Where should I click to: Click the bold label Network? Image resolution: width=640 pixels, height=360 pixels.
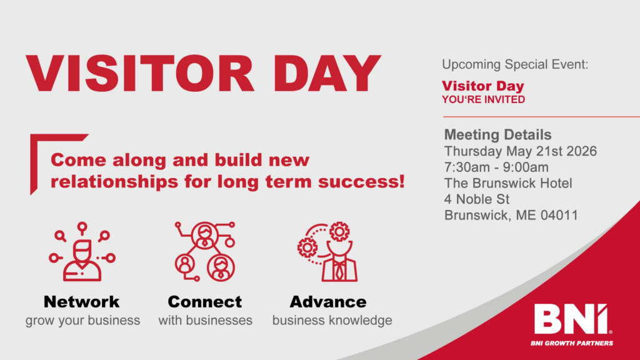pos(82,302)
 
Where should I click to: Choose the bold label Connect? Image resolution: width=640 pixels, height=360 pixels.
pos(204,302)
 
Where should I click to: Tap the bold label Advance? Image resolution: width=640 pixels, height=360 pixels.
pos(328,302)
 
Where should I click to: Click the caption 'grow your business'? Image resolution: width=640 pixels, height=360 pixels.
pos(82,321)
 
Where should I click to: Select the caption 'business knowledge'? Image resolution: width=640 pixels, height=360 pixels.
pos(332,321)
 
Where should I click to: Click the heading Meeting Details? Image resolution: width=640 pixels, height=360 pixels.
pos(497,134)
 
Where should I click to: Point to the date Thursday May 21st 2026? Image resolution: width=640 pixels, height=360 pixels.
pos(520,151)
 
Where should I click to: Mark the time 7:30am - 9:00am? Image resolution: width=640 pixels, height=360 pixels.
pos(496,167)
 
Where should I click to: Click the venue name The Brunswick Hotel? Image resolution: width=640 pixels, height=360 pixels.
pos(508,183)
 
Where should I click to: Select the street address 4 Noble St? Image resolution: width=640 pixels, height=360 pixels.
pos(477,199)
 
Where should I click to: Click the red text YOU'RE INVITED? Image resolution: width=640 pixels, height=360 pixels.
pos(483,99)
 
